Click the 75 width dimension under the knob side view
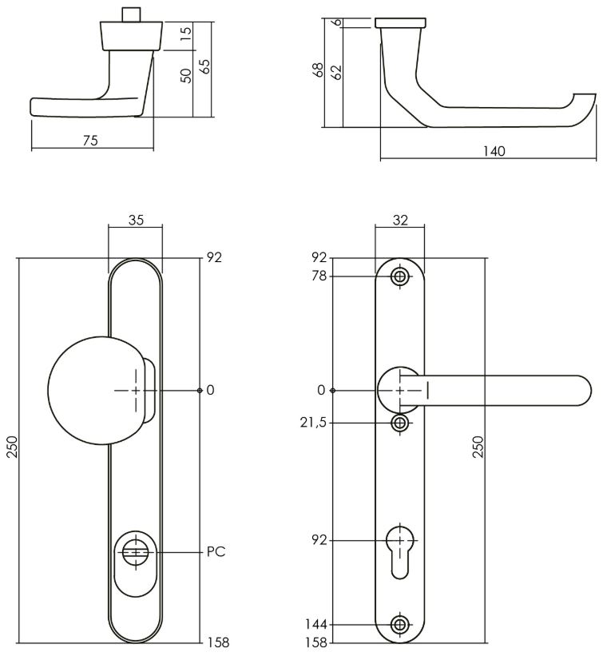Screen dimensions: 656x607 (x=90, y=141)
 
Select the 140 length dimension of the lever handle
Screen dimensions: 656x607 (x=494, y=151)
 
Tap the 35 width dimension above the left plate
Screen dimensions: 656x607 (x=135, y=221)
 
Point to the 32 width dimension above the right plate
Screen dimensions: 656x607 (x=400, y=221)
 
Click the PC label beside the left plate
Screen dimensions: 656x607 (x=215, y=551)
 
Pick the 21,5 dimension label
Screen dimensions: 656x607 (x=313, y=422)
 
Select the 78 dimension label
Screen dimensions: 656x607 (x=319, y=276)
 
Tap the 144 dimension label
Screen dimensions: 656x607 (x=316, y=624)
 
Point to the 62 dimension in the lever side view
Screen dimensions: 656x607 (x=335, y=72)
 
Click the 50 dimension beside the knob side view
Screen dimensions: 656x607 (x=185, y=77)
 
